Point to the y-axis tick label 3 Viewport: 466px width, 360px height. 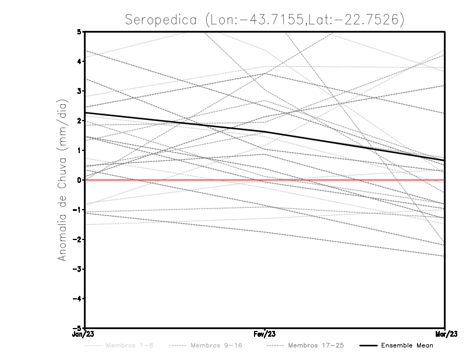pyautogui.click(x=79, y=91)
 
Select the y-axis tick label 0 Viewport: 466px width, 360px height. pyautogui.click(x=79, y=180)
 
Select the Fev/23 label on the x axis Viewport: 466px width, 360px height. pyautogui.click(x=265, y=335)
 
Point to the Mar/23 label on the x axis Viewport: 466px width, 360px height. pyautogui.click(x=445, y=335)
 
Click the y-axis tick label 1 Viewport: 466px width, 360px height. pyautogui.click(x=79, y=150)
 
